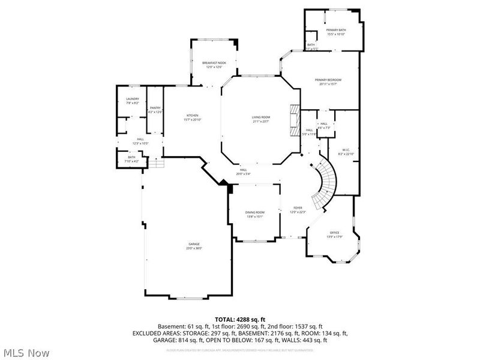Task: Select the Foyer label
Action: click(x=298, y=209)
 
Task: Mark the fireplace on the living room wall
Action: click(x=294, y=121)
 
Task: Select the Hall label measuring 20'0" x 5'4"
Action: click(x=244, y=172)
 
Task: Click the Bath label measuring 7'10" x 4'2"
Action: click(x=131, y=160)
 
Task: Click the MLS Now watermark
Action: click(x=26, y=353)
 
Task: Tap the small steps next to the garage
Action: click(x=156, y=163)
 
